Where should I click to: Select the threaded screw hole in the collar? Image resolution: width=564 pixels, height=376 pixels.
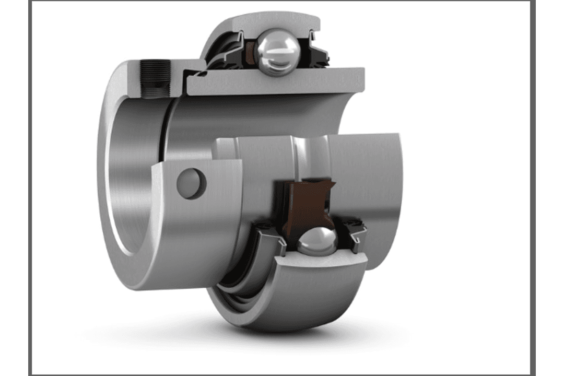point(156,78)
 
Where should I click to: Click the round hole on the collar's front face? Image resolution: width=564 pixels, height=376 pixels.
point(191,183)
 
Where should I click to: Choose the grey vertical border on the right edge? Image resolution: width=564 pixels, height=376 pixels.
point(533,188)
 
